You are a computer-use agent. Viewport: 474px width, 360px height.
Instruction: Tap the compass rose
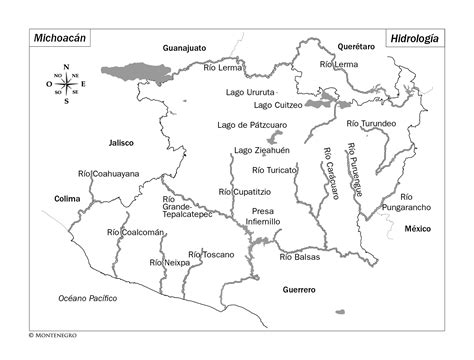[66, 84]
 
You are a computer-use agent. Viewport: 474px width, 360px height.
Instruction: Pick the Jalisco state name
[121, 142]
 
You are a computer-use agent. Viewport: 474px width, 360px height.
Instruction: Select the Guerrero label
[298, 289]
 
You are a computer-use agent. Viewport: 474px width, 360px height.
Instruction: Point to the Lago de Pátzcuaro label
[252, 125]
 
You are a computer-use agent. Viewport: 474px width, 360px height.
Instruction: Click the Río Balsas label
[300, 257]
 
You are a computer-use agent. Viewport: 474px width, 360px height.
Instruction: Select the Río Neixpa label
[169, 262]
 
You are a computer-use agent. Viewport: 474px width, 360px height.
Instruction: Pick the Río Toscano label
[211, 254]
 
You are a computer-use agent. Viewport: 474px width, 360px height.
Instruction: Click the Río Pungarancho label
[406, 203]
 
